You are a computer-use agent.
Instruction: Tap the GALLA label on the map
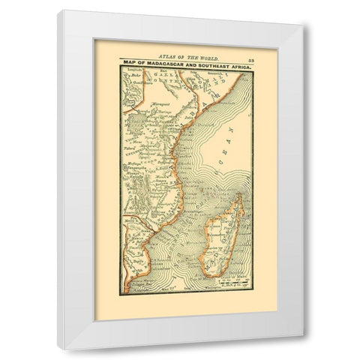(x=161, y=82)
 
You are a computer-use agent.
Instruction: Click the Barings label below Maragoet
(x=158, y=112)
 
